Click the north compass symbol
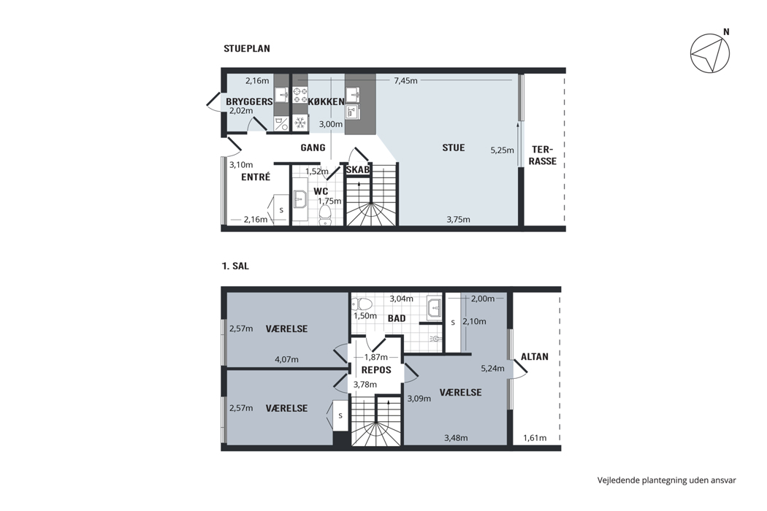[x=710, y=53]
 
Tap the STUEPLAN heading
[x=247, y=48]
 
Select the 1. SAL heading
[x=235, y=266]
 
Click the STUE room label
[x=454, y=147]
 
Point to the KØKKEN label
[x=327, y=101]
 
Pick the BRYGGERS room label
[x=249, y=101]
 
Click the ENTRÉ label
[x=256, y=177]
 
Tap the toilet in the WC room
[x=325, y=214]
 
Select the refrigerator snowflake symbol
[x=299, y=123]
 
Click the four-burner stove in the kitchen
[x=299, y=95]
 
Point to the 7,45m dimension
[x=405, y=81]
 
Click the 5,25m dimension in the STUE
[x=503, y=150]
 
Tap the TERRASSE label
[x=543, y=155]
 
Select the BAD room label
[x=397, y=318]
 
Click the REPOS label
[x=376, y=370]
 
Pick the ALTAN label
[x=535, y=357]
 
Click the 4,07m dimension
[x=286, y=359]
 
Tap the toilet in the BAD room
[x=362, y=303]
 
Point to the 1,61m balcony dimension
[x=535, y=438]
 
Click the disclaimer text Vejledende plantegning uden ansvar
[x=666, y=480]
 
